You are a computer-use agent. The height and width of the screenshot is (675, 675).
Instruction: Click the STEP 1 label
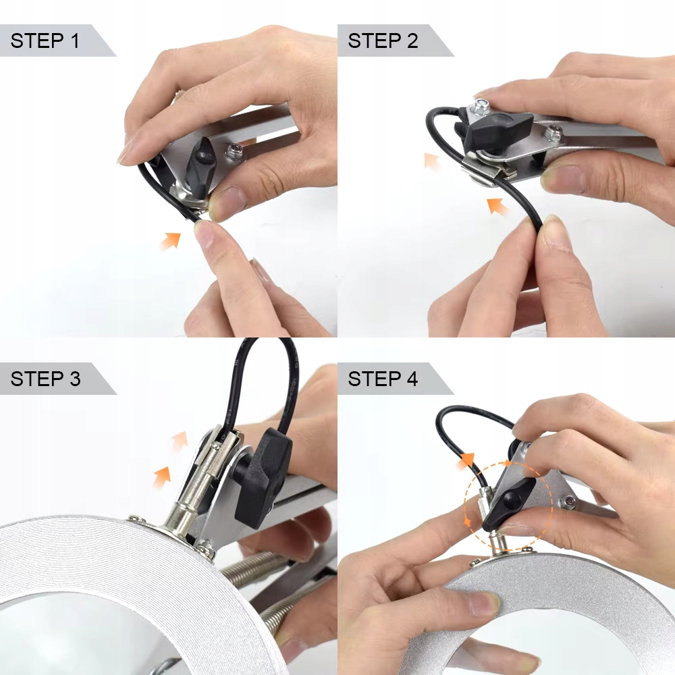coord(45,41)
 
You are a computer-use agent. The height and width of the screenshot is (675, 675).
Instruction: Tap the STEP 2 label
coord(383,41)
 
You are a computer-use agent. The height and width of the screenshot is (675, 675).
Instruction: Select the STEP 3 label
coord(45,379)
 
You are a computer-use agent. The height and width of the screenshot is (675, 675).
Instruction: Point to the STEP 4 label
coord(383,379)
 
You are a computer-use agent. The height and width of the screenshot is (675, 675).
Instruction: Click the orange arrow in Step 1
coord(170,241)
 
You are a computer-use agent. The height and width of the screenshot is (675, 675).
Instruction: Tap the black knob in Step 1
coord(200,167)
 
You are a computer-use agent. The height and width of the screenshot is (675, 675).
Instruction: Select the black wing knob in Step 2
coord(494,127)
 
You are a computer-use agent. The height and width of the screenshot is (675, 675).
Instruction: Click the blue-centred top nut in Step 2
coord(481,105)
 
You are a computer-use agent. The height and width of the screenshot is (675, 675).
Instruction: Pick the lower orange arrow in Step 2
coord(498,206)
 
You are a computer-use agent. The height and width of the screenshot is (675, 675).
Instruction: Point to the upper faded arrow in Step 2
coord(432,161)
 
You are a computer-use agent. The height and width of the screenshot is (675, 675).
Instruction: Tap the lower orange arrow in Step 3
coord(162,477)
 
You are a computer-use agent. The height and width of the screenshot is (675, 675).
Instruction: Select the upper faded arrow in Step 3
coord(180,440)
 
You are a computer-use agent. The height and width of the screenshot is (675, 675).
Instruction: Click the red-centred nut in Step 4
coord(568,502)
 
